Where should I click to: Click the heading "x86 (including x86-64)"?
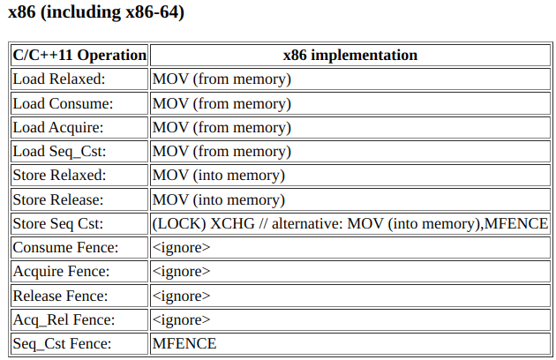[x=96, y=12]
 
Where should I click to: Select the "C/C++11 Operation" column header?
[x=79, y=55]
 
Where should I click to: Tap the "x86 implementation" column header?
[x=350, y=55]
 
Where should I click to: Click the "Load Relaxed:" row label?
[x=59, y=79]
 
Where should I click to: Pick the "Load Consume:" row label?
[x=63, y=103]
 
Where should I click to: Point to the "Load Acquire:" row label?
[x=58, y=127]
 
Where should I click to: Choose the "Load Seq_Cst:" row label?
[x=60, y=152]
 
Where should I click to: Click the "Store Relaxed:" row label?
[x=59, y=176]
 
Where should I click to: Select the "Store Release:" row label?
[x=58, y=199]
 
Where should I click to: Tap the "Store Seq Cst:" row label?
[x=58, y=223]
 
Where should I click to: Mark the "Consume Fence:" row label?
[x=65, y=247]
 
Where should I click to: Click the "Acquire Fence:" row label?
[x=62, y=272]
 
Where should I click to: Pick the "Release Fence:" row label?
[x=60, y=296]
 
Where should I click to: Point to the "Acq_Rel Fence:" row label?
[x=64, y=320]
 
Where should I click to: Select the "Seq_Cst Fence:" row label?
[x=62, y=344]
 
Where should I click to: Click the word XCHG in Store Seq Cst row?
[x=233, y=223]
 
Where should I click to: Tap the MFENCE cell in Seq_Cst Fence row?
[x=184, y=343]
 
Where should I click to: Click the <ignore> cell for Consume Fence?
[x=181, y=248]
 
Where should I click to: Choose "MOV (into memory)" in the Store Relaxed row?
[x=219, y=176]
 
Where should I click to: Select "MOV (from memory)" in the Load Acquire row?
[x=222, y=128]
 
